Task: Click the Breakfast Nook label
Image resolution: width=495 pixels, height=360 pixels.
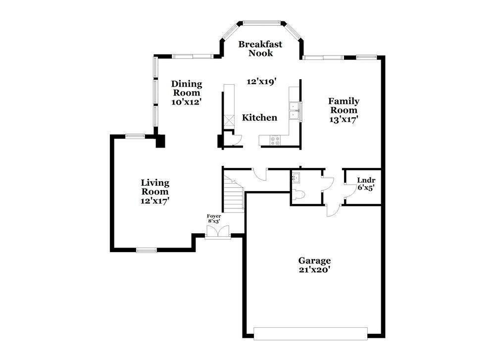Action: [x=260, y=49]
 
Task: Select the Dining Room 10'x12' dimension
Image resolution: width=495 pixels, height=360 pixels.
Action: [x=187, y=102]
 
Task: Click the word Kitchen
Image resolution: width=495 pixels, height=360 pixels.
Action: [x=259, y=118]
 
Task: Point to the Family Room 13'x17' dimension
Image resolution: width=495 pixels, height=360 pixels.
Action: [x=344, y=119]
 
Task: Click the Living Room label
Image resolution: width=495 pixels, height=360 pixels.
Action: [x=155, y=187]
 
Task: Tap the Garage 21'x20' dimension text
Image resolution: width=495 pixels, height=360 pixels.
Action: [x=314, y=269]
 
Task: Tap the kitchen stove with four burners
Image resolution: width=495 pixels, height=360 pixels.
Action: [x=274, y=141]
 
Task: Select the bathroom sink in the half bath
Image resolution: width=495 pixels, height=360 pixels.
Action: [x=296, y=177]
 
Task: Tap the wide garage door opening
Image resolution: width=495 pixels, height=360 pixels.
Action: [x=311, y=331]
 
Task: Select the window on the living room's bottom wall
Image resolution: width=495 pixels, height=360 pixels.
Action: [x=147, y=251]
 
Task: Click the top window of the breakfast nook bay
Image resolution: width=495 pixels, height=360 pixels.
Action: [x=261, y=22]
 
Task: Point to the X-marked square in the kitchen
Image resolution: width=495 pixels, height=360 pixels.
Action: [x=229, y=121]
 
